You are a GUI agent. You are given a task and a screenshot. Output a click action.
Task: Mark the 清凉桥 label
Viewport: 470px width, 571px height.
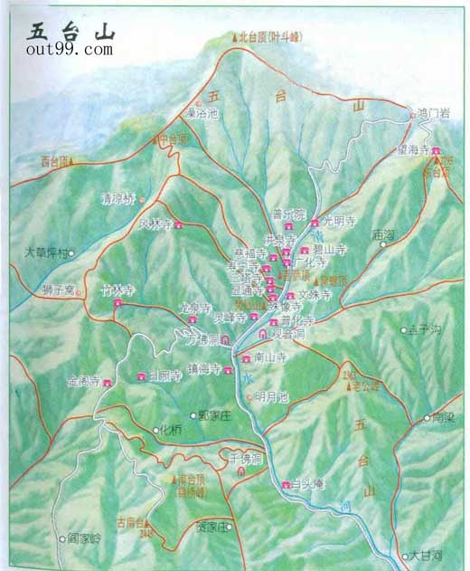117,197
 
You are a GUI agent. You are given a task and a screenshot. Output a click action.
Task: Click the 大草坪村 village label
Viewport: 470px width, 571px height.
45,253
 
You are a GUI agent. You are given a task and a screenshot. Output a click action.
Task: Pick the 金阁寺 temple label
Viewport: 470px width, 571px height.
84,383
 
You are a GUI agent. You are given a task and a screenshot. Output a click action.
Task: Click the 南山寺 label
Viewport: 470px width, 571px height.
269,357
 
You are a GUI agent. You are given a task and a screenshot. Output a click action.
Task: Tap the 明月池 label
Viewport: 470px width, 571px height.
270,396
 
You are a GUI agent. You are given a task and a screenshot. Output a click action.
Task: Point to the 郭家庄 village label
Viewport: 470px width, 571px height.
215,414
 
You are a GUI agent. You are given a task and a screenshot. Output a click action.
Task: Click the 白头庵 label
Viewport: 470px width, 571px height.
310,485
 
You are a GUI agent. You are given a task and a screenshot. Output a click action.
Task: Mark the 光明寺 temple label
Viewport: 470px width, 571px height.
339,222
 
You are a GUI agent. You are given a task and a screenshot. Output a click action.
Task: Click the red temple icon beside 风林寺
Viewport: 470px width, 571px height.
179,224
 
